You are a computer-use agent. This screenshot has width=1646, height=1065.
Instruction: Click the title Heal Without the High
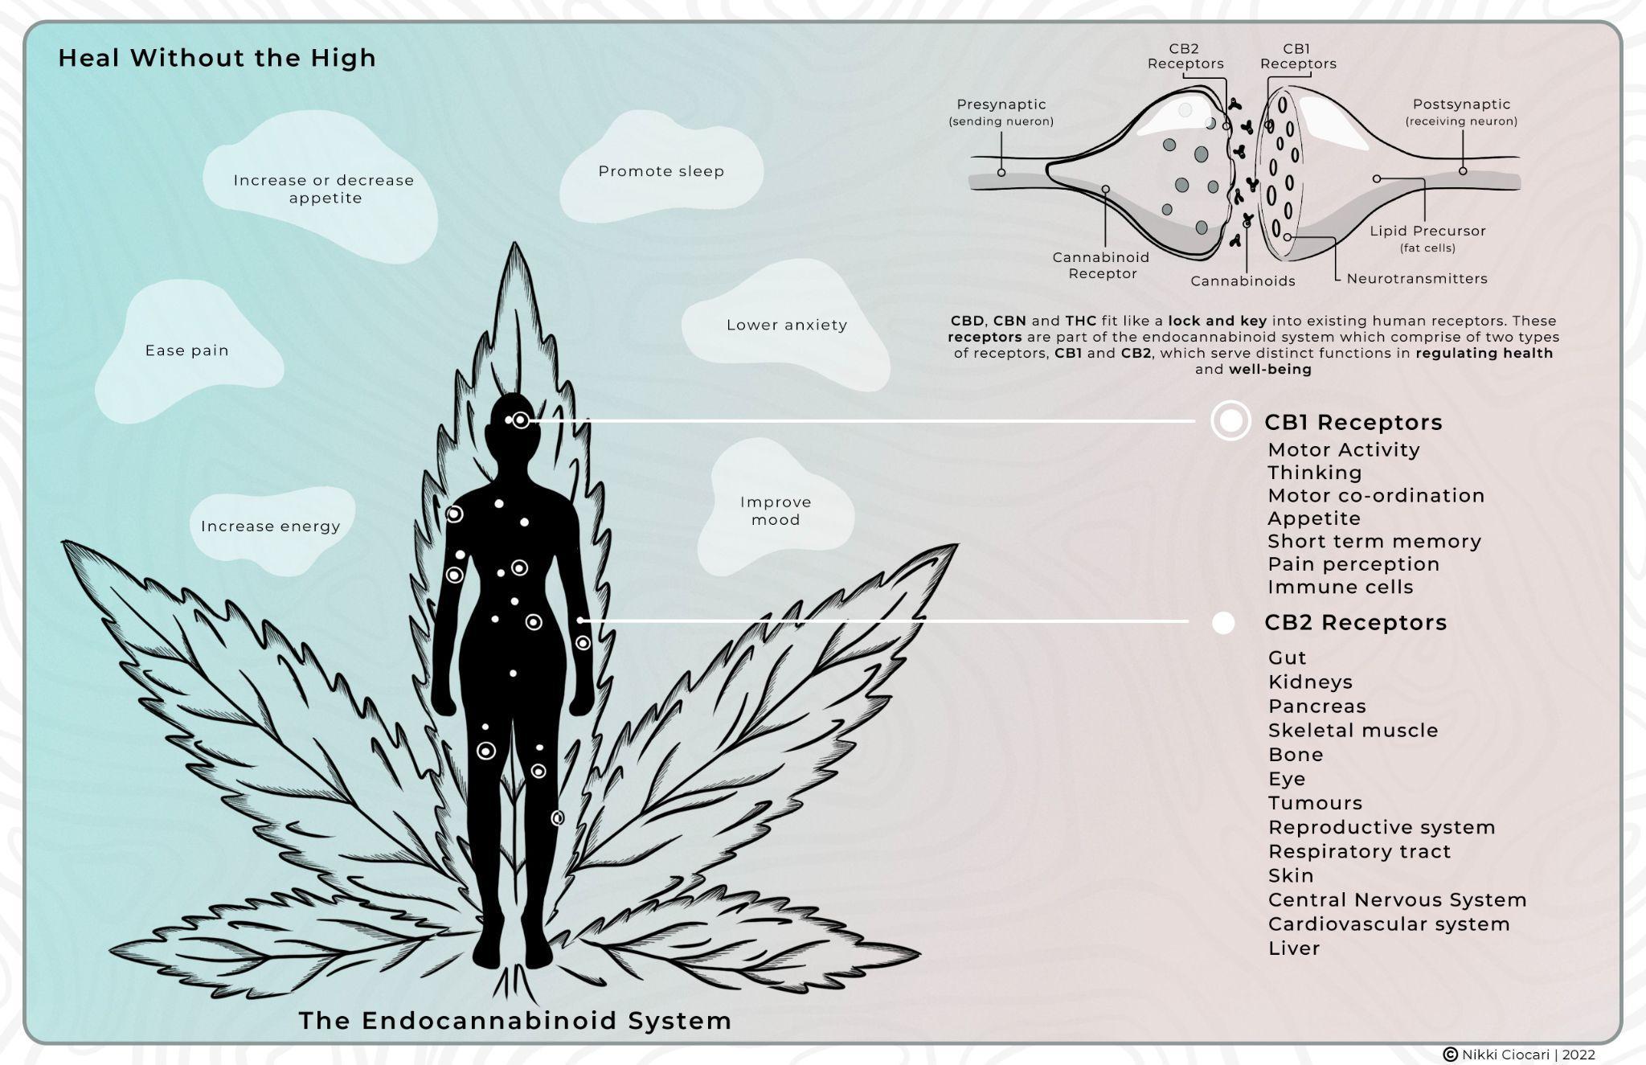click(x=217, y=58)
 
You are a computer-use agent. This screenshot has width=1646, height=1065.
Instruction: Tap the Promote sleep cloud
click(x=661, y=171)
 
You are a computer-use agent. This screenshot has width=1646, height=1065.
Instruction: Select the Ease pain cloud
click(x=186, y=350)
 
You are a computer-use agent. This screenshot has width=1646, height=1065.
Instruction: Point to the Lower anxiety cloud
click(x=786, y=325)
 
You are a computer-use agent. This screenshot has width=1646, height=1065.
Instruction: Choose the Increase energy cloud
click(x=270, y=526)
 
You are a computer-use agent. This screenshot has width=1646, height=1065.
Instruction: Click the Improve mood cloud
click(x=775, y=510)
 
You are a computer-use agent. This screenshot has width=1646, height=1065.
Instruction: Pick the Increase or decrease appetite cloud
click(x=323, y=189)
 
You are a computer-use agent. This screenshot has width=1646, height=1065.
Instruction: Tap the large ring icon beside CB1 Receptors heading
click(x=1230, y=420)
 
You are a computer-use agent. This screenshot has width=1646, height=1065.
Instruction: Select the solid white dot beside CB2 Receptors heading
click(x=1222, y=623)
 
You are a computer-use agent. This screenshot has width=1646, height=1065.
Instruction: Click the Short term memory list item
click(x=1374, y=542)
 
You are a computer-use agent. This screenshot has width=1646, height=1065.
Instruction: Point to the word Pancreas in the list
click(x=1316, y=707)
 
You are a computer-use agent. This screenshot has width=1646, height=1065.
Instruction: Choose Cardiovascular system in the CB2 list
click(x=1388, y=924)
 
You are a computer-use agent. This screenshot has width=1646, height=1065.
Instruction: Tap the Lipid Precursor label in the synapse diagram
click(x=1427, y=231)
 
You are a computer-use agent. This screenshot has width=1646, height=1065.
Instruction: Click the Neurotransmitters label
click(x=1416, y=279)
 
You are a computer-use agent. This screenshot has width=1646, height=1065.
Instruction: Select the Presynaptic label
click(x=1001, y=104)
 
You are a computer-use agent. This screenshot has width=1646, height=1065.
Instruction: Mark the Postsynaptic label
click(x=1461, y=104)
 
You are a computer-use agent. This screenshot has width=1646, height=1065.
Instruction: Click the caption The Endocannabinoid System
click(x=515, y=1021)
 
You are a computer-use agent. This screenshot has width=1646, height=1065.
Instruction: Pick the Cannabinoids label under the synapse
click(x=1243, y=281)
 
